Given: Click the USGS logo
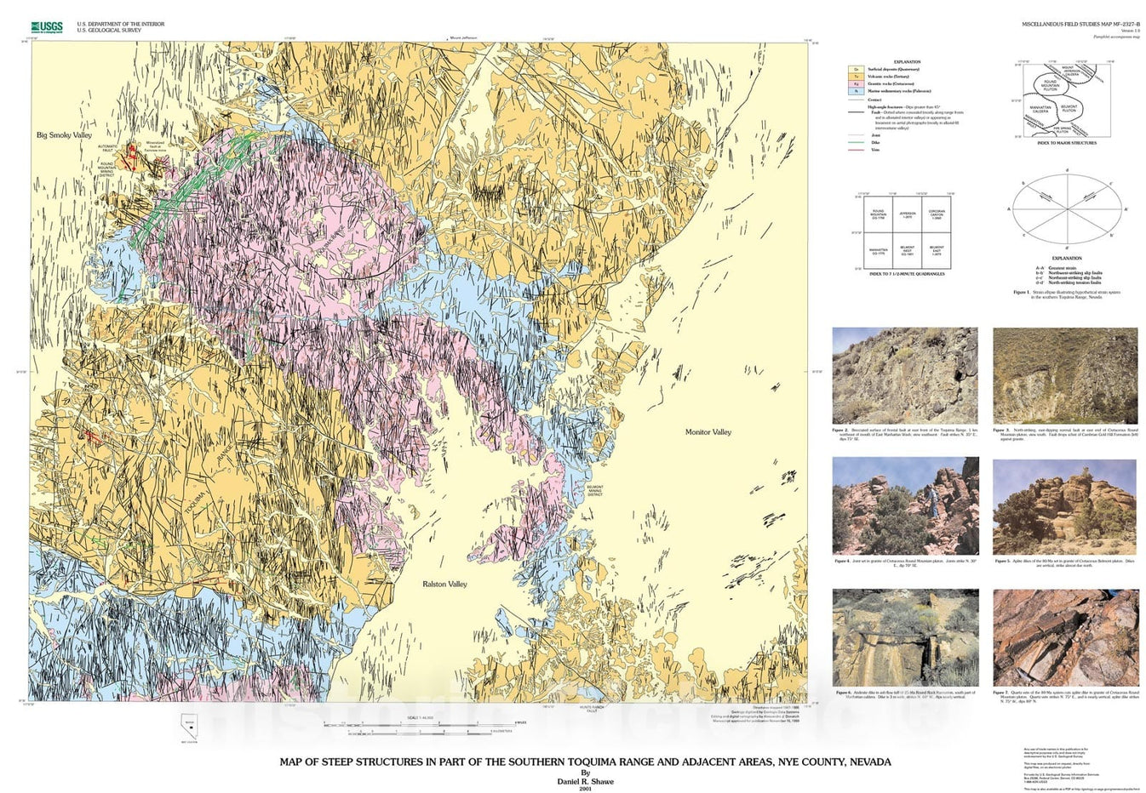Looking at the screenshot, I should click(46, 27).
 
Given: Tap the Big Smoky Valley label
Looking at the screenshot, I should click(64, 135).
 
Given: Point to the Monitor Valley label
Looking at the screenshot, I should click(708, 432).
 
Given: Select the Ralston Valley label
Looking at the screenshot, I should click(445, 585).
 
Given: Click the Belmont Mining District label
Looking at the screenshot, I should click(594, 490).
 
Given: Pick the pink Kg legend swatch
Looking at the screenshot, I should click(854, 83).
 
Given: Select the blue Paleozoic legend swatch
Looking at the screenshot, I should click(854, 91).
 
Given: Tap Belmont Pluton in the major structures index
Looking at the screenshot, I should click(1069, 109).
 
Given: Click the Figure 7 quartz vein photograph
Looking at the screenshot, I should click(1065, 637).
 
